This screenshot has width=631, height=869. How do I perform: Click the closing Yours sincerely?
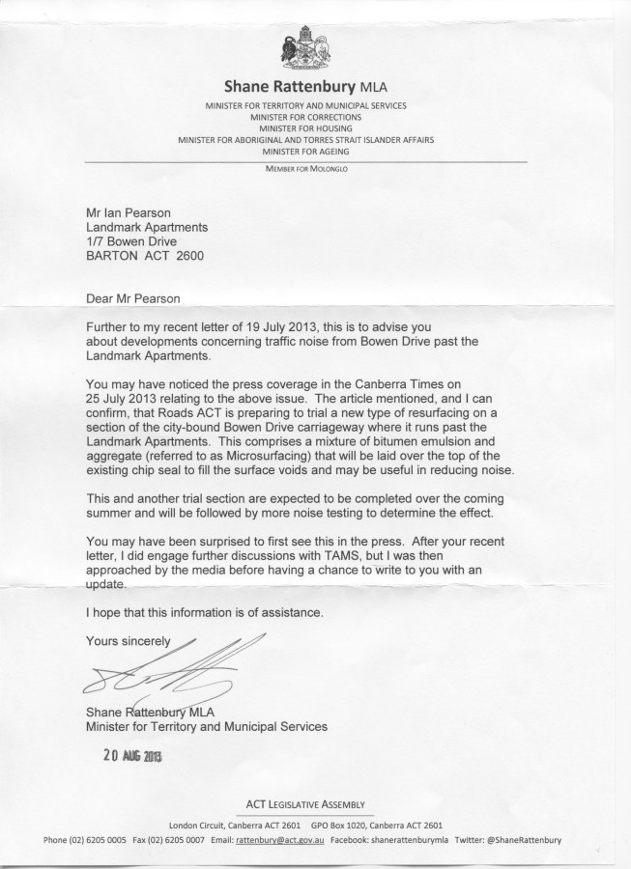tap(129, 640)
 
